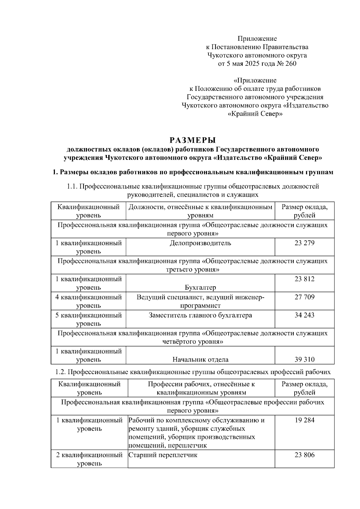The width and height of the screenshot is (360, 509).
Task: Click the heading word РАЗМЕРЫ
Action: pyautogui.click(x=193, y=140)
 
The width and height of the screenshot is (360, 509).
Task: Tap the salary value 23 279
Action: pyautogui.click(x=304, y=243)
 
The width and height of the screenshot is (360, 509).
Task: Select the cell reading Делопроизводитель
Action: pyautogui.click(x=200, y=243)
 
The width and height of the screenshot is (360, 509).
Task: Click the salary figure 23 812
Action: pyautogui.click(x=304, y=279)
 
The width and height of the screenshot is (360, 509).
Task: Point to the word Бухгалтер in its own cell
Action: pyautogui.click(x=200, y=287)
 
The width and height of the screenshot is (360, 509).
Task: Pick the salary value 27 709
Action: pyautogui.click(x=304, y=297)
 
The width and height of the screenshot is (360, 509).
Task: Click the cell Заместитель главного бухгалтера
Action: pyautogui.click(x=200, y=315)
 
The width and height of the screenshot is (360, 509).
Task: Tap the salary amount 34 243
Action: pyautogui.click(x=304, y=315)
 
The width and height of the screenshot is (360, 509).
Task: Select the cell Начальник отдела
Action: pyautogui.click(x=200, y=359)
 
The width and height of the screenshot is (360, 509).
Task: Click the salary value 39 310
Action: pyautogui.click(x=304, y=359)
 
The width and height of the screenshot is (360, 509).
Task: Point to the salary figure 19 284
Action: pyautogui.click(x=304, y=420)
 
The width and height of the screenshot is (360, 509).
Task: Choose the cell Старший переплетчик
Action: pyautogui.click(x=163, y=455)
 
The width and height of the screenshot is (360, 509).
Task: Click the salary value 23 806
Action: pyautogui.click(x=304, y=455)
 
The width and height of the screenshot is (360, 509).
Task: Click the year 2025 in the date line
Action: pyautogui.click(x=253, y=64)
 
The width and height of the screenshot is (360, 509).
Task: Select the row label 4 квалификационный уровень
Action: pyautogui.click(x=88, y=301)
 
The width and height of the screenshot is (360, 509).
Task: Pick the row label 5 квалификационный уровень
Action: pyautogui.click(x=88, y=319)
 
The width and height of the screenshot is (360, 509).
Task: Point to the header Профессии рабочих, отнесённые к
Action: pyautogui.click(x=201, y=384)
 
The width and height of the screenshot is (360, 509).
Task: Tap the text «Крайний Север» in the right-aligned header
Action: pyautogui.click(x=255, y=114)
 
